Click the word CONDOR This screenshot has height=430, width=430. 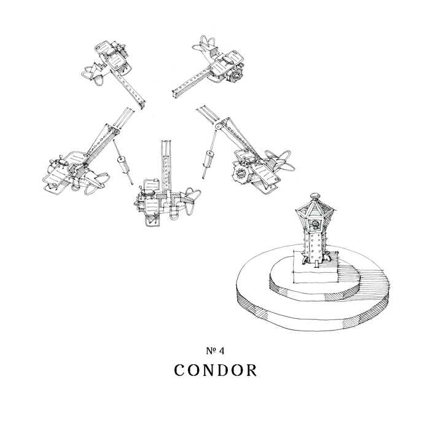pyautogui.click(x=214, y=372)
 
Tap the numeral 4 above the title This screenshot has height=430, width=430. pyautogui.click(x=221, y=351)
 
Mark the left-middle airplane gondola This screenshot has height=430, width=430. pyautogui.click(x=68, y=172)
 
